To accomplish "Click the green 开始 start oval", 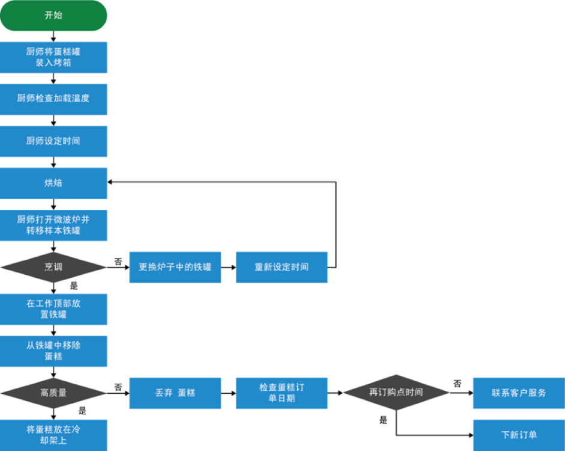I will click(53, 16).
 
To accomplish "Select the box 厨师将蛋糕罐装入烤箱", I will click(53, 57).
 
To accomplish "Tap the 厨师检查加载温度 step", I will click(53, 99).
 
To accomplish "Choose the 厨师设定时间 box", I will click(53, 141).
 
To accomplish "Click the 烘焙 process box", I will click(53, 183).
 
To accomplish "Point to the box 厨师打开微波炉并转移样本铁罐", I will click(53, 225).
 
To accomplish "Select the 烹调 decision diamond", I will click(53, 267).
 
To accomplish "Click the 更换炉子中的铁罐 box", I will click(175, 267).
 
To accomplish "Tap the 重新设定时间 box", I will click(282, 267).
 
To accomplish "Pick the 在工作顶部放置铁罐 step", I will click(53, 309).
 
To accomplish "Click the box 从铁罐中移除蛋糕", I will click(53, 351).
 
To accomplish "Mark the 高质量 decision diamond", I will click(53, 393).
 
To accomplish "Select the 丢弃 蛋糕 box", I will click(175, 393).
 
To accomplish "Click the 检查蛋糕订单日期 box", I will click(282, 393).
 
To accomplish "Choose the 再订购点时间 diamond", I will click(396, 393).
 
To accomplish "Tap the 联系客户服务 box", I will click(519, 393).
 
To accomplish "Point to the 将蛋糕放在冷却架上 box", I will click(53, 435).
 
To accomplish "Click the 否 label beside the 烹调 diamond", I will click(118, 262).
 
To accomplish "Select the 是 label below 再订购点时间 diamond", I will click(383, 420).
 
